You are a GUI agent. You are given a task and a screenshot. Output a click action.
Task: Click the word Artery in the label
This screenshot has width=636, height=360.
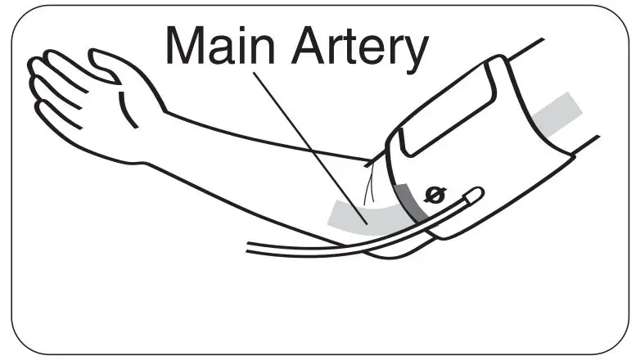[359, 47]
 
